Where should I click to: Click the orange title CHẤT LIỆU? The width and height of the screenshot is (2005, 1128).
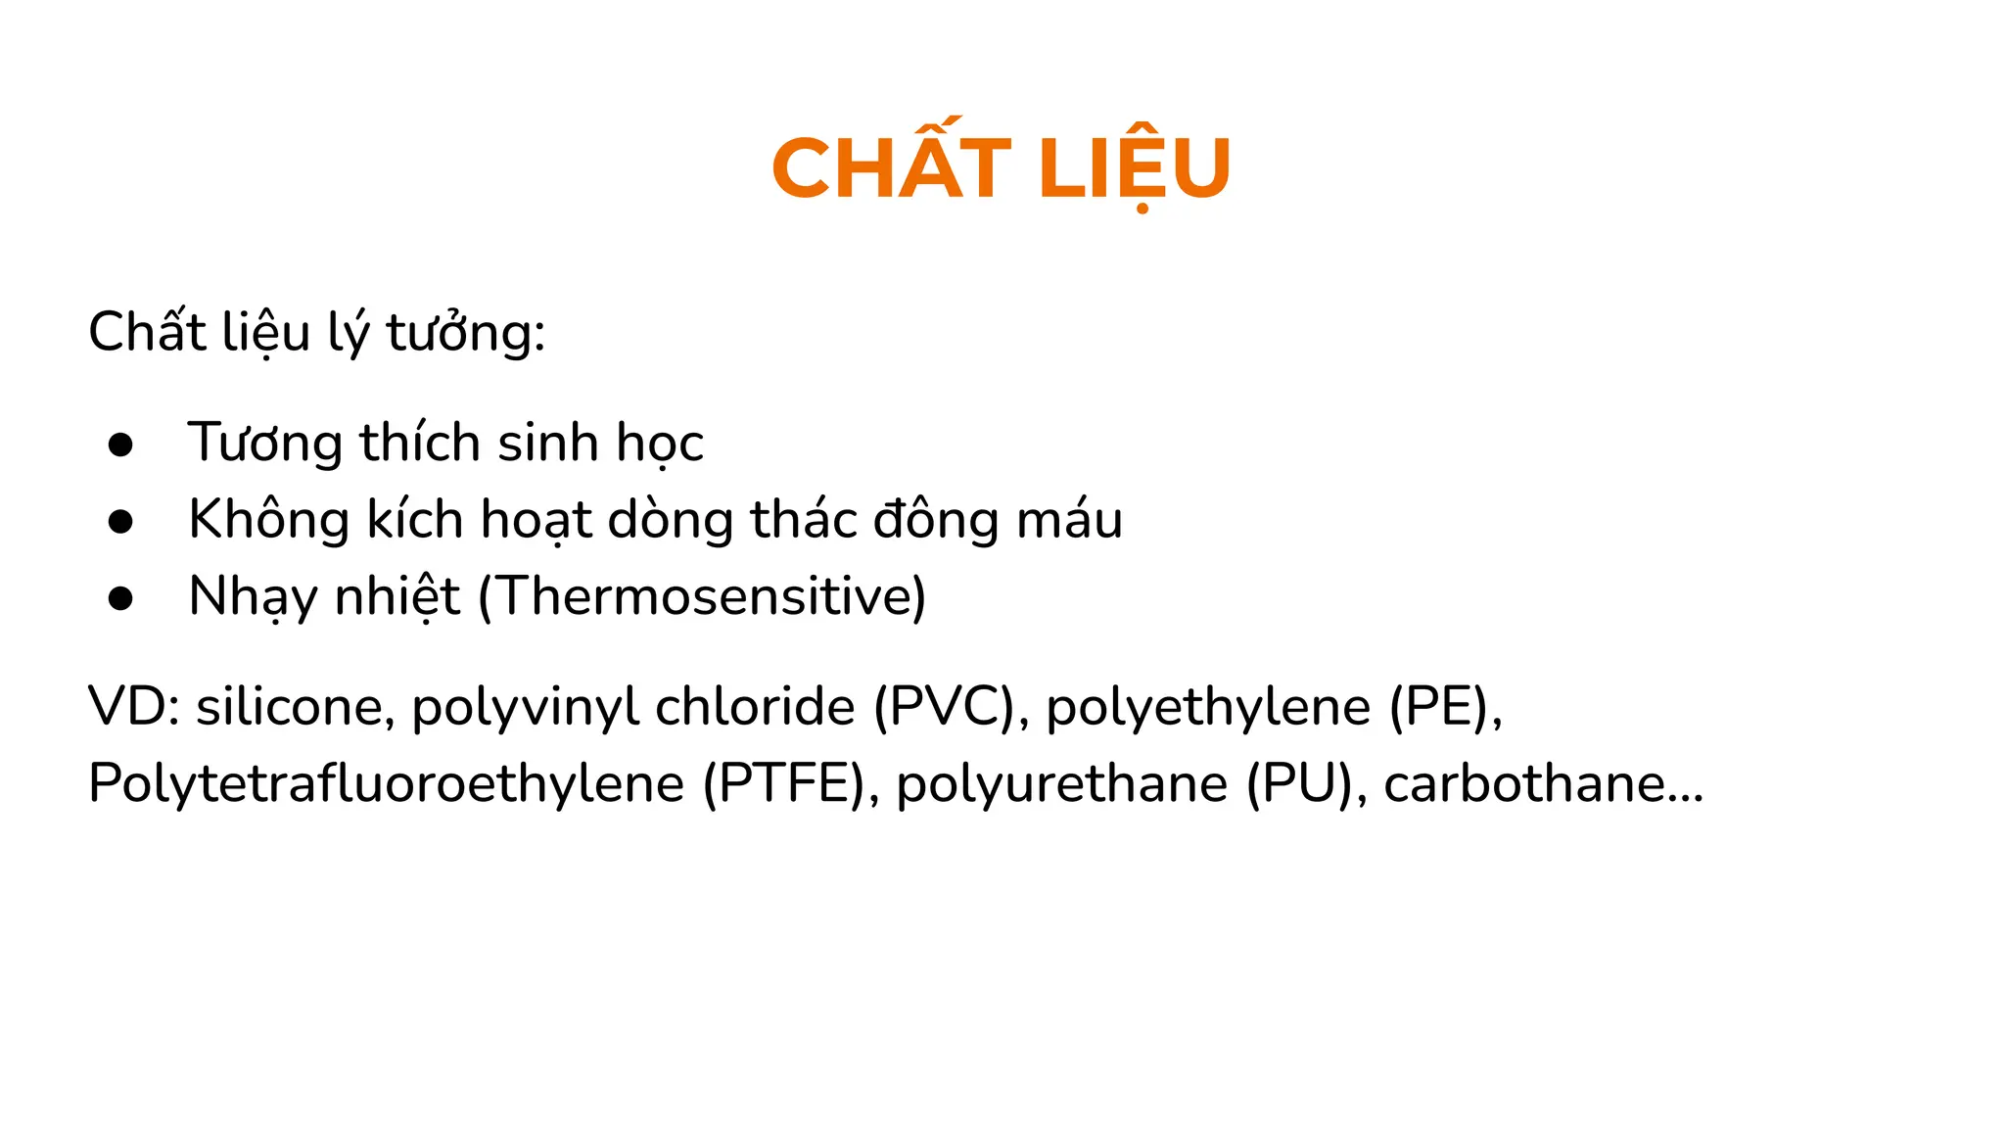pos(1001,168)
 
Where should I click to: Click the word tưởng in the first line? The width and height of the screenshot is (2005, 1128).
pos(465,333)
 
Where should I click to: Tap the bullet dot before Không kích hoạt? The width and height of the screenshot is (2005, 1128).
pos(120,522)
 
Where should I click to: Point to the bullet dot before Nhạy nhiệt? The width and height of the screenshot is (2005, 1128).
pos(120,598)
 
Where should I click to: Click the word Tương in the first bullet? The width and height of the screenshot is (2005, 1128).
pos(264,444)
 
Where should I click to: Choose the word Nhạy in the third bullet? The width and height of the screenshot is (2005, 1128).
pos(253,597)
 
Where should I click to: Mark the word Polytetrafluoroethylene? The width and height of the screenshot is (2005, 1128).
pos(386,784)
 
